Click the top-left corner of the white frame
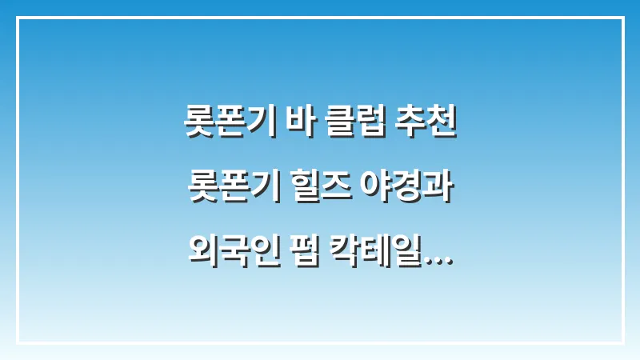tap(17, 17)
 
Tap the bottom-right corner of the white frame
tap(623, 343)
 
